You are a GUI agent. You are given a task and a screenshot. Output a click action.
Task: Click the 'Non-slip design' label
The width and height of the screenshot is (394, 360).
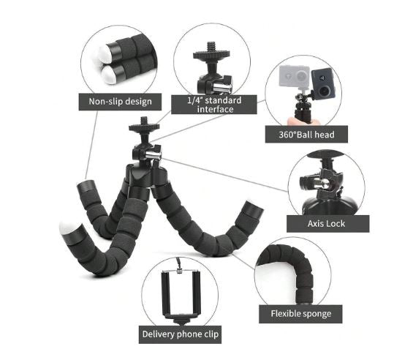120,102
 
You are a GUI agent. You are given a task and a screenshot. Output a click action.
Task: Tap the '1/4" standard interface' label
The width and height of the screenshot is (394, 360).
214,105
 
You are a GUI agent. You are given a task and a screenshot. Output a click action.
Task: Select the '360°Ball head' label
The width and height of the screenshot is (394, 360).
306,135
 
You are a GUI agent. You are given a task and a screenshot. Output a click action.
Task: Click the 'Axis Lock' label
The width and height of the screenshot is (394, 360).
328,224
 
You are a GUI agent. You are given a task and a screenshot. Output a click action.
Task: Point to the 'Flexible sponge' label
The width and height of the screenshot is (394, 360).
300,314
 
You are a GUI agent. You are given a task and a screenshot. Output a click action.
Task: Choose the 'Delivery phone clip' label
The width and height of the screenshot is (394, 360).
180,334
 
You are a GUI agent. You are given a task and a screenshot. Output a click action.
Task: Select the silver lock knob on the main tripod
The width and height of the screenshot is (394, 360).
154,154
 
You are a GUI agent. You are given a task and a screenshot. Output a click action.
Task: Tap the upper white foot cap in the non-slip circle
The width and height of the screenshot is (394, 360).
105,54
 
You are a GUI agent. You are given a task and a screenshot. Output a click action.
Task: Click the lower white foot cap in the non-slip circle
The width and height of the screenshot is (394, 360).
109,75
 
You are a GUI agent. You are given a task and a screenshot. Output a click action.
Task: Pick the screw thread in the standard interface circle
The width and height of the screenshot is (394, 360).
211,47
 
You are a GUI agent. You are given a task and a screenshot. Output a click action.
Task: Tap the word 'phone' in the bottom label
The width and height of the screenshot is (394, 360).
187,334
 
